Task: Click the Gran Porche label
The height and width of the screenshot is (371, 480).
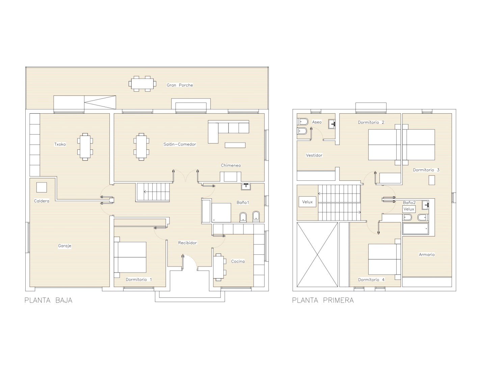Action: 180,85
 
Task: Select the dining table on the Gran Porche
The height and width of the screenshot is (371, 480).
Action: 142,84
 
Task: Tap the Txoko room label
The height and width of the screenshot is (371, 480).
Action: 60,144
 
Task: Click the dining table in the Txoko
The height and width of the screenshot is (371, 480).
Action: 85,147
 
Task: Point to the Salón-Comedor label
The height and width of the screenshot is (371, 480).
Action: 180,144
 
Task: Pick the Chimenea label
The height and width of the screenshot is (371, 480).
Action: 231,165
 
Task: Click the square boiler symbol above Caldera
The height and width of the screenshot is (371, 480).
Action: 42,188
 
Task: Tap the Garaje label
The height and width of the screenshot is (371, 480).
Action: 64,246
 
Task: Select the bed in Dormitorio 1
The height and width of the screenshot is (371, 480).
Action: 130,257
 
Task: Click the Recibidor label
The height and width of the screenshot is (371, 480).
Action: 187,243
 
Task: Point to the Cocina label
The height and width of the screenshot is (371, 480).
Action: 238,261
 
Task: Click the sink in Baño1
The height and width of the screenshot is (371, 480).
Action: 246,187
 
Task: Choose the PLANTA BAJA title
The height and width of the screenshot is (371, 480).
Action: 48,300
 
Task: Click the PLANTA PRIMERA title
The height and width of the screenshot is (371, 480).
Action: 323,300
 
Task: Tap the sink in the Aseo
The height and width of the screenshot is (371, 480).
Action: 332,124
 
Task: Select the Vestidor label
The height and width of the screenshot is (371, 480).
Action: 314,155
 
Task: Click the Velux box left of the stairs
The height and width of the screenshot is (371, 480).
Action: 307,202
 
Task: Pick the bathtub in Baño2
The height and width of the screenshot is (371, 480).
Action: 416,229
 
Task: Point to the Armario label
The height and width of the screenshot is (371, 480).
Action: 427,254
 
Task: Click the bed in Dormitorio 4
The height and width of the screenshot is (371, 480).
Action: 384,259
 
